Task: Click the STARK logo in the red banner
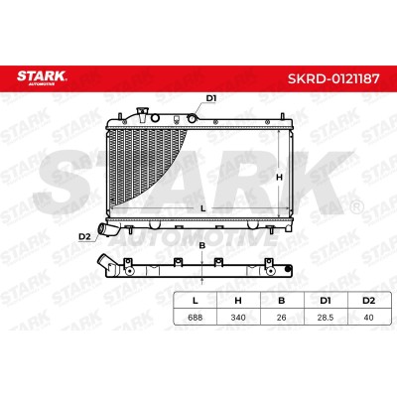pyautogui.click(x=42, y=77)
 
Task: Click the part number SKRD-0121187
pyautogui.click(x=333, y=78)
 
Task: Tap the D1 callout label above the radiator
pyautogui.click(x=211, y=98)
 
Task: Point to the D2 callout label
pyautogui.click(x=84, y=236)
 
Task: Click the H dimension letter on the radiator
pyautogui.click(x=279, y=178)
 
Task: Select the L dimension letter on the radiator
pyautogui.click(x=203, y=208)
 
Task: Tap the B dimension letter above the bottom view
pyautogui.click(x=202, y=245)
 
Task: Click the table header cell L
pyautogui.click(x=196, y=301)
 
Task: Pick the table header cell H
pyautogui.click(x=238, y=301)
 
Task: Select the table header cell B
pyautogui.click(x=282, y=301)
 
